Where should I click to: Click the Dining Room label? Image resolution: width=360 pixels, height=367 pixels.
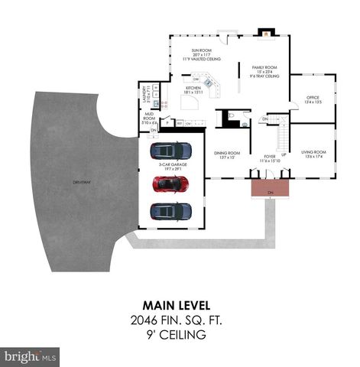[226, 155]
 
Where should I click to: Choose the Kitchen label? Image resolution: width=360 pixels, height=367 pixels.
[193, 91]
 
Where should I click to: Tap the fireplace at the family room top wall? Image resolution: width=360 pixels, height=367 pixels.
[264, 33]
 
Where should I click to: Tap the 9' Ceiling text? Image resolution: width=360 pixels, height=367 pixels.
[180, 334]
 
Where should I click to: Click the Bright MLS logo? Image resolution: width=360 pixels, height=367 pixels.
[31, 356]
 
